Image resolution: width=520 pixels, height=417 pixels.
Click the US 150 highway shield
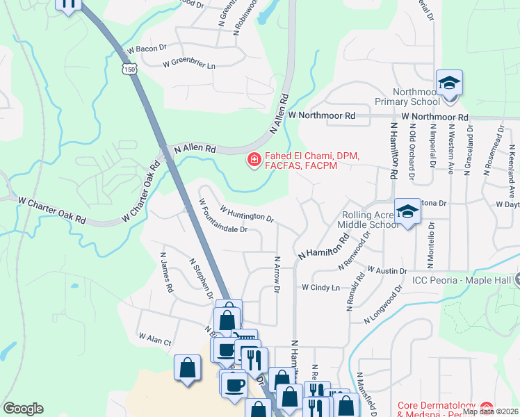tap(129, 69)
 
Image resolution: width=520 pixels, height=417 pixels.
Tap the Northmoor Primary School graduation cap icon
tap(449, 83)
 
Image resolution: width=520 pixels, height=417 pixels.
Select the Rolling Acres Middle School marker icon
tap(407, 211)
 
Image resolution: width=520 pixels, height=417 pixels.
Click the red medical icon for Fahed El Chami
tap(254, 161)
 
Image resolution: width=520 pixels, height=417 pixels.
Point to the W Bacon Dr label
tap(147, 49)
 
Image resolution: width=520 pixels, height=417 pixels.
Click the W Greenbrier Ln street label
tap(189, 65)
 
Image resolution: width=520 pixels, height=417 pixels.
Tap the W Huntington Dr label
tap(247, 213)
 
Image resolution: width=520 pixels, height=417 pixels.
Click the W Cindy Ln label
tap(320, 287)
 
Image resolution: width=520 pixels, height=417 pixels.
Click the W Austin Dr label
tap(387, 270)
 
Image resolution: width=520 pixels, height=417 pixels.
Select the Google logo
tap(23, 409)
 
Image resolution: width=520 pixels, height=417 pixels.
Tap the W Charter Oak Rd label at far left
tap(52, 209)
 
